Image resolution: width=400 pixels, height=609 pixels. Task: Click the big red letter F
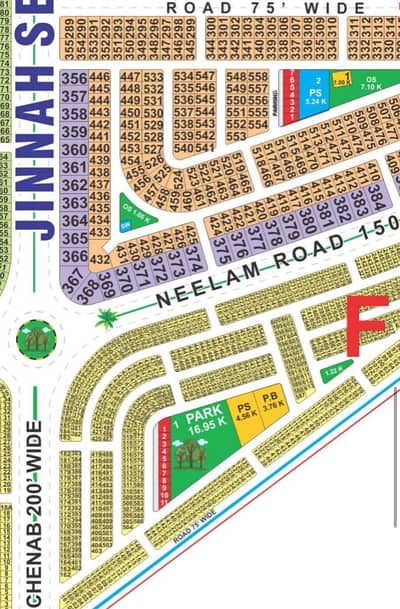tap(367, 326)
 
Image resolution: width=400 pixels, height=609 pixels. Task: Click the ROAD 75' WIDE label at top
tap(265, 7)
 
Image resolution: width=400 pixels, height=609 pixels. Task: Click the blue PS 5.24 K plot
tap(317, 92)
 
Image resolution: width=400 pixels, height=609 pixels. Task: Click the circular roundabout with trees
tap(37, 338)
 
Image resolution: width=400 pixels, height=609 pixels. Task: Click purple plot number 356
tap(73, 77)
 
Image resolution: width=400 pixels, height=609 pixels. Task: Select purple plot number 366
tap(73, 256)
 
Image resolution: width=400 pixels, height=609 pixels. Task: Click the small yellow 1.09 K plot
tap(341, 80)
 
